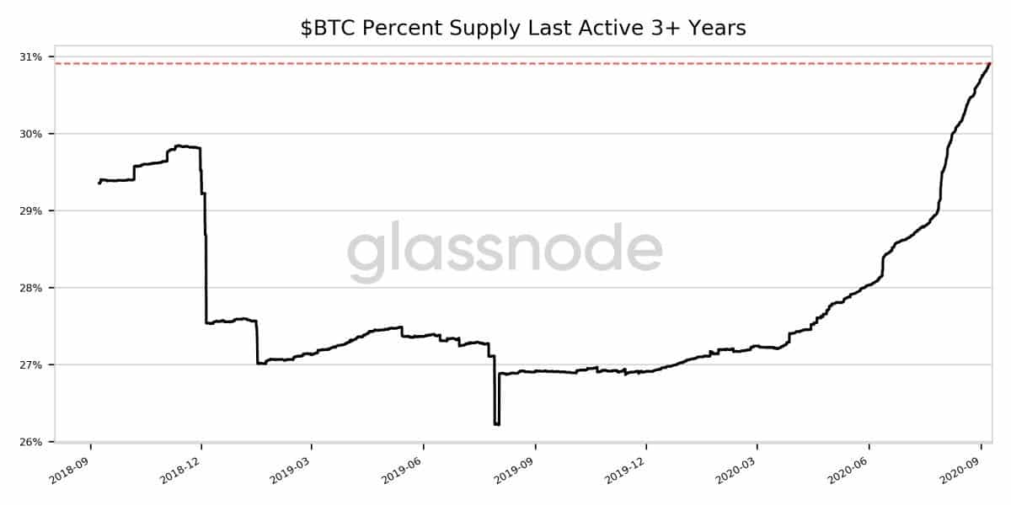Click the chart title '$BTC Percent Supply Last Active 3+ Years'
coord(522,29)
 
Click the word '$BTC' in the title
coord(321,29)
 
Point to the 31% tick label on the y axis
coord(31,57)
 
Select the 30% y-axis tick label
coord(31,134)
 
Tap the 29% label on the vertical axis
coord(31,211)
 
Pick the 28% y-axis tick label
coord(31,288)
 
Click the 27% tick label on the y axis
coord(31,365)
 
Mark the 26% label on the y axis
coord(31,442)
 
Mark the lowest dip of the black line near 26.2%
coord(496,424)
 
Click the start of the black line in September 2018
coord(99,183)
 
